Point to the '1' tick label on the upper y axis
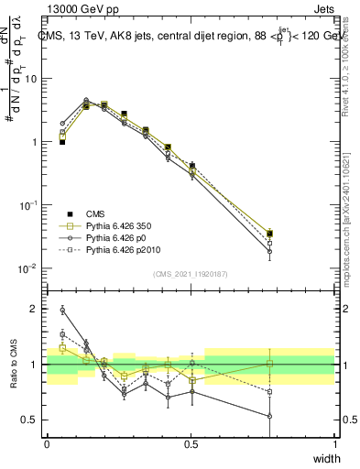pyautogui.click(x=36, y=142)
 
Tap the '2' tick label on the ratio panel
pyautogui.click(x=36, y=310)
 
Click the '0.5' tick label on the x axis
pyautogui.click(x=191, y=444)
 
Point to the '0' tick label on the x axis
pyautogui.click(x=47, y=444)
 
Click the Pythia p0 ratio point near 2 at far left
pyautogui.click(x=61, y=310)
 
